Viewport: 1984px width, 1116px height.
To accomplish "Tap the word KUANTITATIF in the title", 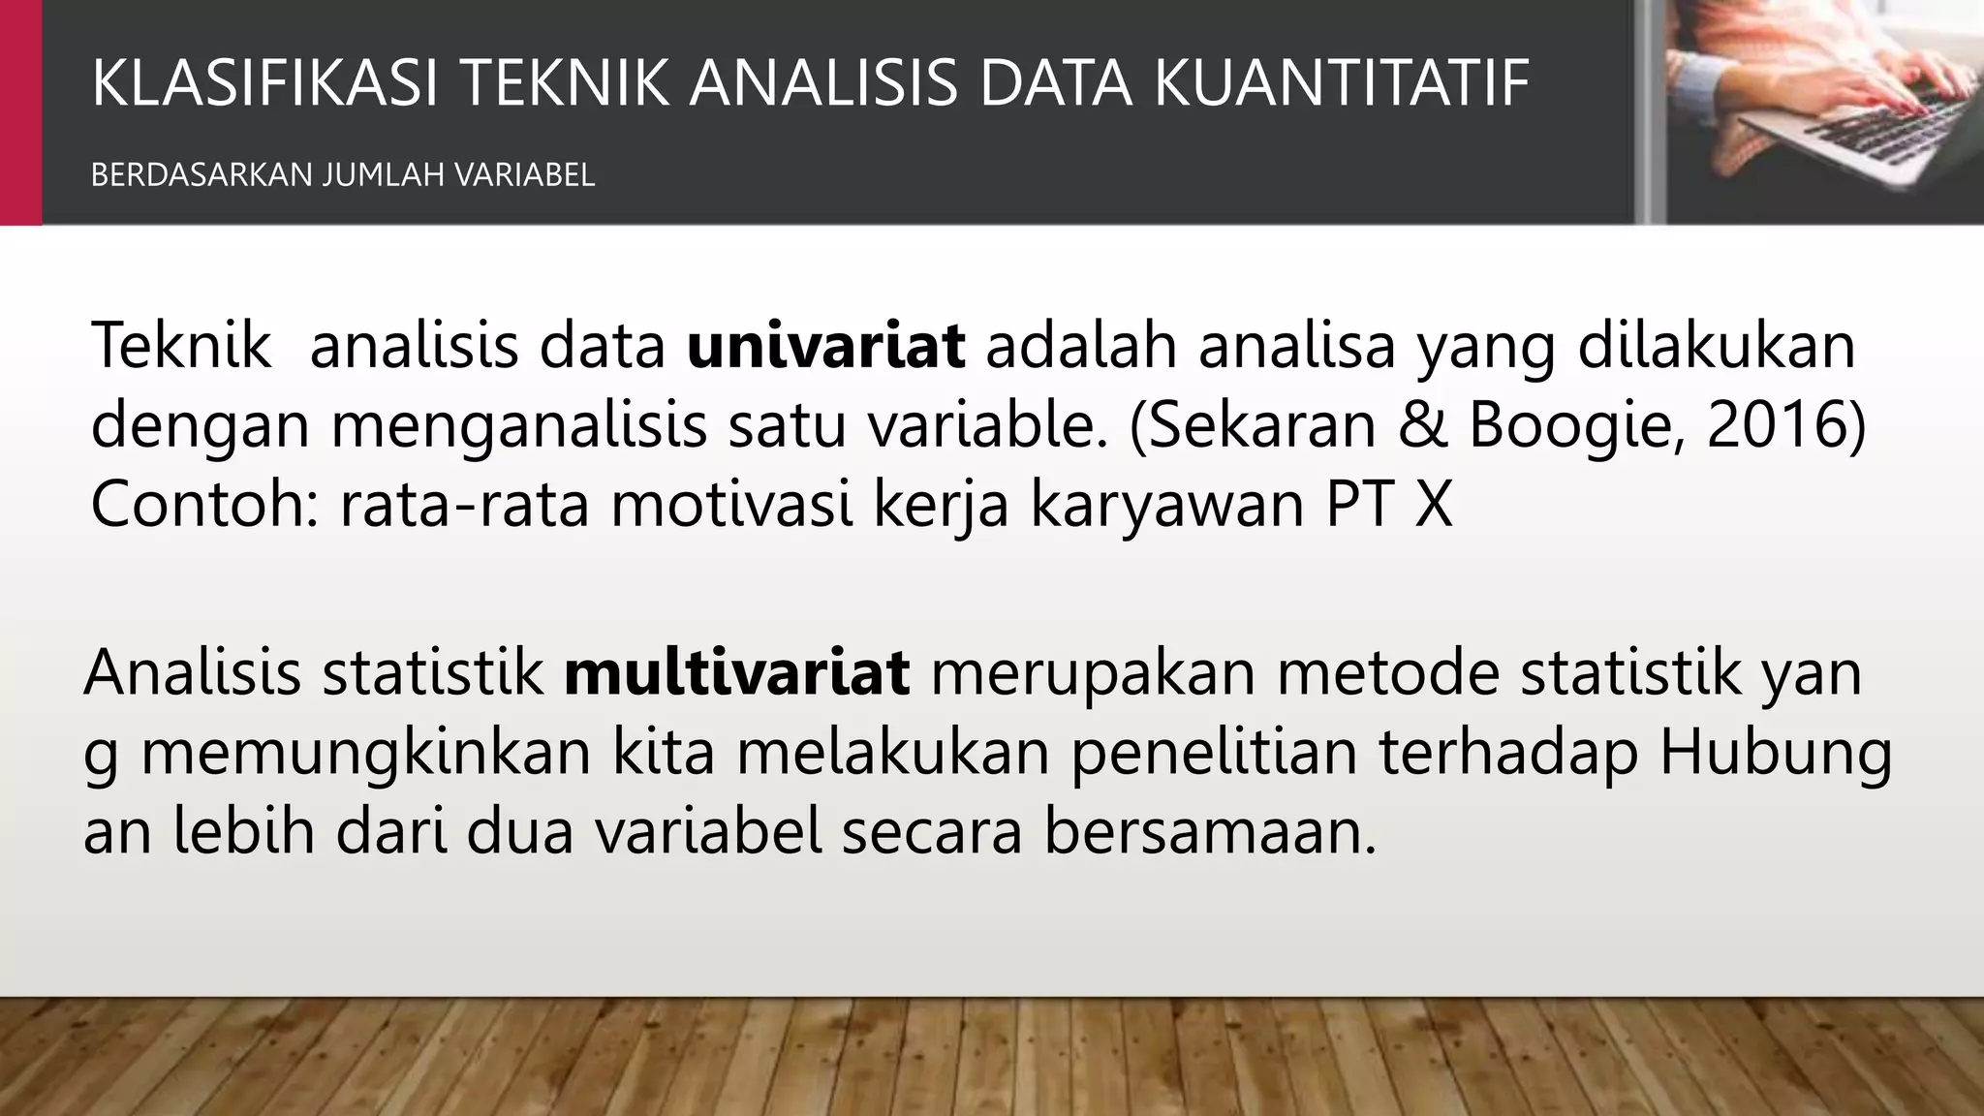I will pyautogui.click(x=1342, y=83).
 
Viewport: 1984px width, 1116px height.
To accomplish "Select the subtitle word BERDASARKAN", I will pyautogui.click(x=201, y=175).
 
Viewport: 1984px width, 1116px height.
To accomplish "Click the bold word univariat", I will pyautogui.click(x=825, y=346).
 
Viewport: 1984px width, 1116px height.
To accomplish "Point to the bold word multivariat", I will pyautogui.click(x=736, y=672).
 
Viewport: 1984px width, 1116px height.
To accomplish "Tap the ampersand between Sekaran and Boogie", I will pyautogui.click(x=1422, y=424).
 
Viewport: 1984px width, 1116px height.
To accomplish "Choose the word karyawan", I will pyautogui.click(x=1166, y=506).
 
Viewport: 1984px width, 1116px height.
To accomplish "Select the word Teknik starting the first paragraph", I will pyautogui.click(x=181, y=346).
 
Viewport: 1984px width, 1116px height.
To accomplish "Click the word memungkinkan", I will pyautogui.click(x=366, y=755).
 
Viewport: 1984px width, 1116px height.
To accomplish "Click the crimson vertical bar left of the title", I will pyautogui.click(x=20, y=111).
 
